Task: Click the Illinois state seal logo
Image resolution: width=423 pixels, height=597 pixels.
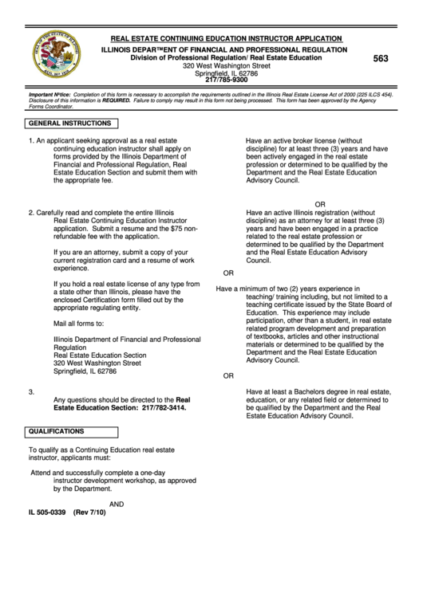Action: (x=56, y=56)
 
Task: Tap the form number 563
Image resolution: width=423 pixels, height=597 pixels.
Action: (x=381, y=58)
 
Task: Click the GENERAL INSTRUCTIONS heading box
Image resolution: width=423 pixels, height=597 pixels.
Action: (x=71, y=124)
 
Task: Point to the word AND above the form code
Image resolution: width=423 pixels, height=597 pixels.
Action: (x=116, y=504)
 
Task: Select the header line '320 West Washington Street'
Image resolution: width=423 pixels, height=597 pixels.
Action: (x=227, y=65)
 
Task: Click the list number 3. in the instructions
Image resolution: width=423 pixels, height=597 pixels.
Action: (x=31, y=391)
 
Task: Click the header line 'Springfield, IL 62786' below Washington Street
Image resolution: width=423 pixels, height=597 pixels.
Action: (x=227, y=73)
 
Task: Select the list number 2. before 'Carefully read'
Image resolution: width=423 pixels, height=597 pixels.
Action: (x=31, y=213)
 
